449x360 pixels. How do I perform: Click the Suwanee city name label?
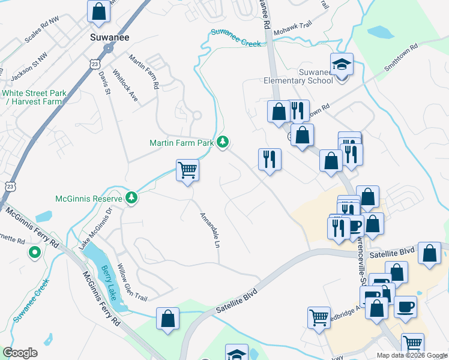[x=106, y=37]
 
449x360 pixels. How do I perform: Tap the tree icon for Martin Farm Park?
[x=223, y=142]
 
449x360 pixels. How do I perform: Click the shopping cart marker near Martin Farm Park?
[x=188, y=170]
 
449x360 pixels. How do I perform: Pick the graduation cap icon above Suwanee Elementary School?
[x=342, y=63]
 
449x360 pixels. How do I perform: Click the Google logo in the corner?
[x=20, y=352]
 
